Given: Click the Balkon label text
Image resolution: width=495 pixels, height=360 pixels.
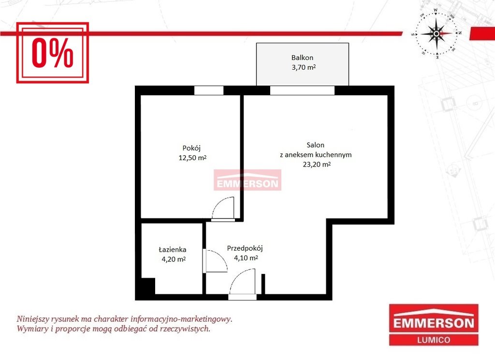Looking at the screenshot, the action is (302, 58).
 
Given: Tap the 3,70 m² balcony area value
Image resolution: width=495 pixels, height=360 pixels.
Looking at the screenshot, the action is (304, 67).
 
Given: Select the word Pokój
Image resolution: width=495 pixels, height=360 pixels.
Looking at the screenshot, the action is (191, 148).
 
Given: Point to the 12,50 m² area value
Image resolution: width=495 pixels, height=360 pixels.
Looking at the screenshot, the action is (192, 157).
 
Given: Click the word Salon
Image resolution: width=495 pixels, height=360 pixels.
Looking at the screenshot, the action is (315, 145).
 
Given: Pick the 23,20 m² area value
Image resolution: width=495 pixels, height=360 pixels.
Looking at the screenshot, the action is (317, 165).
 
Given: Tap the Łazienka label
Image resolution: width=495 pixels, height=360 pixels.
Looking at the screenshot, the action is (173, 249).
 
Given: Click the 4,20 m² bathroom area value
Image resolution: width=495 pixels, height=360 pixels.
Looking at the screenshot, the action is (174, 259).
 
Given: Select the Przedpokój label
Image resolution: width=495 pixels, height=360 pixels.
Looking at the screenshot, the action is (245, 248).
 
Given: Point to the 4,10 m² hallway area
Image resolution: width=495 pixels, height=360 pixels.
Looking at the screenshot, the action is (246, 258).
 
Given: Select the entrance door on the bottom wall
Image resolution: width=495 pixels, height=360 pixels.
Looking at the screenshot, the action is (243, 297).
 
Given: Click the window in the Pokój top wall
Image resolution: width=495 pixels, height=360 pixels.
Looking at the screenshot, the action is (209, 90).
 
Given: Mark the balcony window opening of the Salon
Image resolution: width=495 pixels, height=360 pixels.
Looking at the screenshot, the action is (302, 90).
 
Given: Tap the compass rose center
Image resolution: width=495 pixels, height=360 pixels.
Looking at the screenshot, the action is (437, 33).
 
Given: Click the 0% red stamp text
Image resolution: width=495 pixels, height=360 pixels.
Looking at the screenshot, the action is (53, 53).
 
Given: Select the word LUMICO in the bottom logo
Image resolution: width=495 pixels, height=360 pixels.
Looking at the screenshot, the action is (434, 340).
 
